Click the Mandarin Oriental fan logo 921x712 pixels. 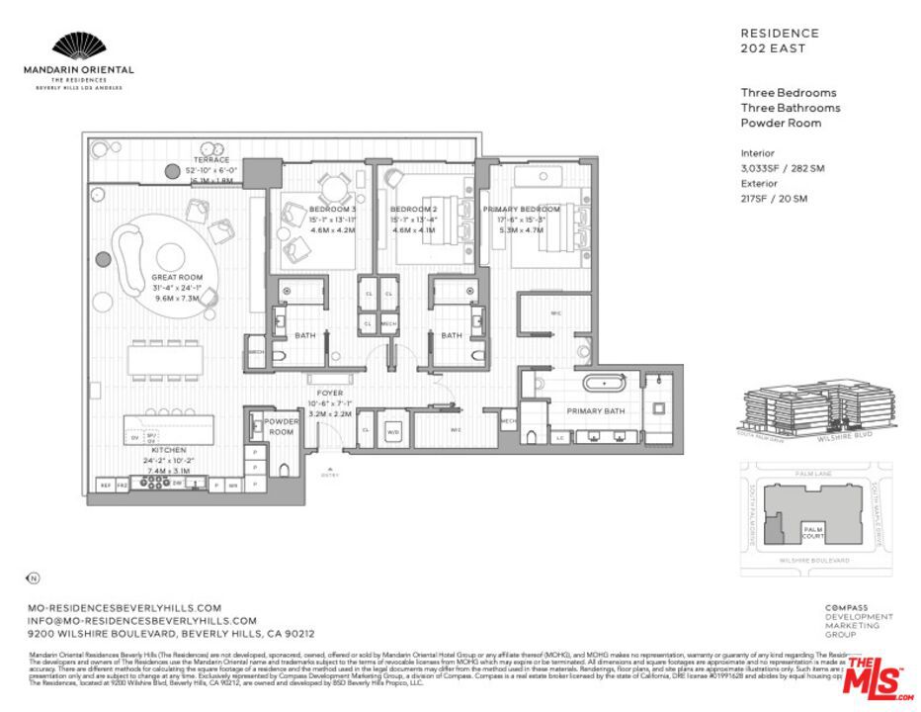pyautogui.click(x=78, y=46)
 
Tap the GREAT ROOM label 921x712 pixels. pyautogui.click(x=177, y=278)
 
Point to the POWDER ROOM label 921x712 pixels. pyautogui.click(x=281, y=426)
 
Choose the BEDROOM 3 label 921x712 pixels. pyautogui.click(x=332, y=210)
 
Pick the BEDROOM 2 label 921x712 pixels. pyautogui.click(x=413, y=210)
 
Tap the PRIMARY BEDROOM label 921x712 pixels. pyautogui.click(x=521, y=210)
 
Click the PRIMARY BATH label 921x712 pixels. pyautogui.click(x=595, y=410)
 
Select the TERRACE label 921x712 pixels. pyautogui.click(x=211, y=160)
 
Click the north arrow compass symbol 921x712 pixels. pyautogui.click(x=33, y=578)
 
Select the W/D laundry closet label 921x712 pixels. pyautogui.click(x=392, y=431)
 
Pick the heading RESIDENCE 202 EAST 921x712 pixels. pyautogui.click(x=780, y=41)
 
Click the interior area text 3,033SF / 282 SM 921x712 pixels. pyautogui.click(x=782, y=168)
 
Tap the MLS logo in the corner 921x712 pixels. pyautogui.click(x=879, y=677)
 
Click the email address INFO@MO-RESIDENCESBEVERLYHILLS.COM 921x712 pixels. pyautogui.click(x=143, y=620)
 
